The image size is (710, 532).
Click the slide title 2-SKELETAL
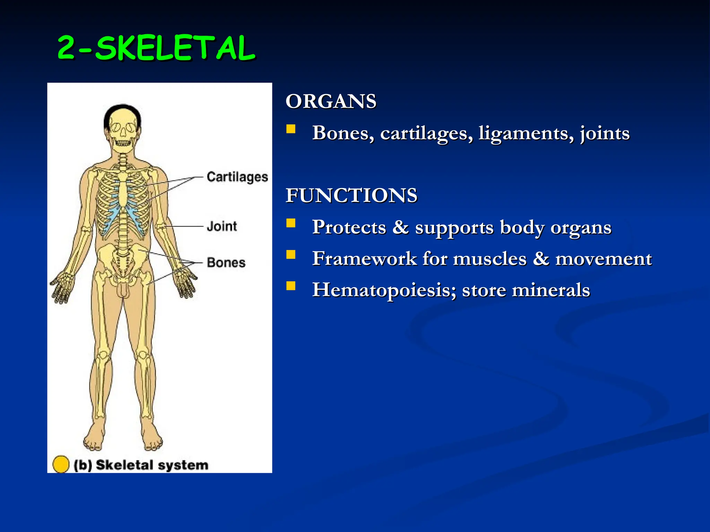(x=156, y=48)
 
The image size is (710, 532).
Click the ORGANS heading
(x=331, y=101)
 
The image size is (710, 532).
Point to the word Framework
(x=364, y=259)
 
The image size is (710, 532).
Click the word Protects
(x=349, y=228)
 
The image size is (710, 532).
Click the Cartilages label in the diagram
(x=237, y=177)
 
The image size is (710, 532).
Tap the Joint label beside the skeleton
(x=222, y=227)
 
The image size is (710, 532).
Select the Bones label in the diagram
(x=226, y=263)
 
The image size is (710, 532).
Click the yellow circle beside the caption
(x=61, y=464)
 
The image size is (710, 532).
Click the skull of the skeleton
(x=122, y=130)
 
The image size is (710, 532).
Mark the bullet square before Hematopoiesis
(x=291, y=286)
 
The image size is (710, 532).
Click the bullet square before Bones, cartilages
(x=291, y=129)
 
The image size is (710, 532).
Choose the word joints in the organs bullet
(x=605, y=133)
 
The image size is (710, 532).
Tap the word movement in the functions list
(x=603, y=259)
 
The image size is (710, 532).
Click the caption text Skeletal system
(x=152, y=465)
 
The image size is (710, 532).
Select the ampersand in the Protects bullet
(x=400, y=228)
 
